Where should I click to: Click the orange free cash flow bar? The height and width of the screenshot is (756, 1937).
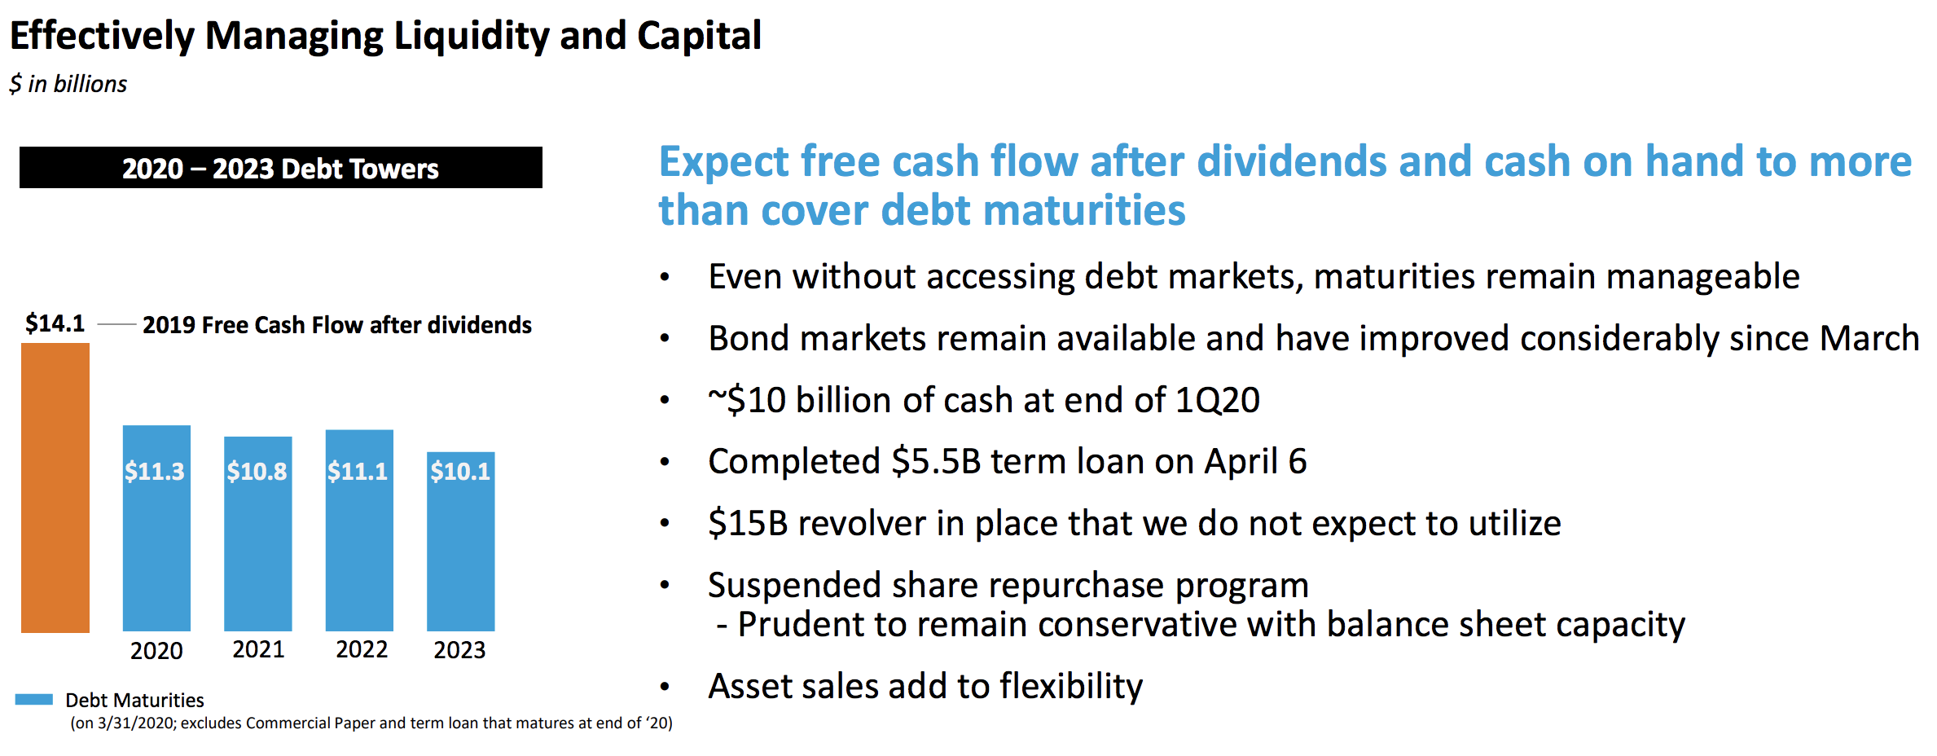pyautogui.click(x=55, y=487)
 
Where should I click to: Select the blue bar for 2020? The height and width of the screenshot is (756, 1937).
pyautogui.click(x=156, y=528)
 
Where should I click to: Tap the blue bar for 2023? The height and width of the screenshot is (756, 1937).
pyautogui.click(x=461, y=541)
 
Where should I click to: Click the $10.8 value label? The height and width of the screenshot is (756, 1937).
pyautogui.click(x=257, y=471)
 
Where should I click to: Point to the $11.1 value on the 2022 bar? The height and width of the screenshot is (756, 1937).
pyautogui.click(x=358, y=471)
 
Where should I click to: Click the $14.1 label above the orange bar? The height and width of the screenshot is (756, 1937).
pyautogui.click(x=55, y=323)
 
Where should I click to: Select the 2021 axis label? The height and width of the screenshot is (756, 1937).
pyautogui.click(x=258, y=649)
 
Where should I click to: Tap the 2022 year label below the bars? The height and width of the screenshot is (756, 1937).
pyautogui.click(x=362, y=649)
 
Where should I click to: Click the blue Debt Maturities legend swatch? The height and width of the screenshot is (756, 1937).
pyautogui.click(x=34, y=699)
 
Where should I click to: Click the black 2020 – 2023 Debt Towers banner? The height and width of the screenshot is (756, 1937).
pyautogui.click(x=281, y=168)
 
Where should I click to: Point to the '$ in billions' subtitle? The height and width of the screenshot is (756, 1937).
pyautogui.click(x=68, y=84)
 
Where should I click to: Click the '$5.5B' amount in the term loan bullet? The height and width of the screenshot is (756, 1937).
pyautogui.click(x=936, y=462)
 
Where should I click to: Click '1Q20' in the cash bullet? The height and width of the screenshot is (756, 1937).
pyautogui.click(x=1217, y=400)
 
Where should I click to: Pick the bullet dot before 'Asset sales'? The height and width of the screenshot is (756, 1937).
pyautogui.click(x=665, y=687)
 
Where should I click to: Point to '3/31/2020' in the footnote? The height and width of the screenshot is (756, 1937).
pyautogui.click(x=136, y=723)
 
